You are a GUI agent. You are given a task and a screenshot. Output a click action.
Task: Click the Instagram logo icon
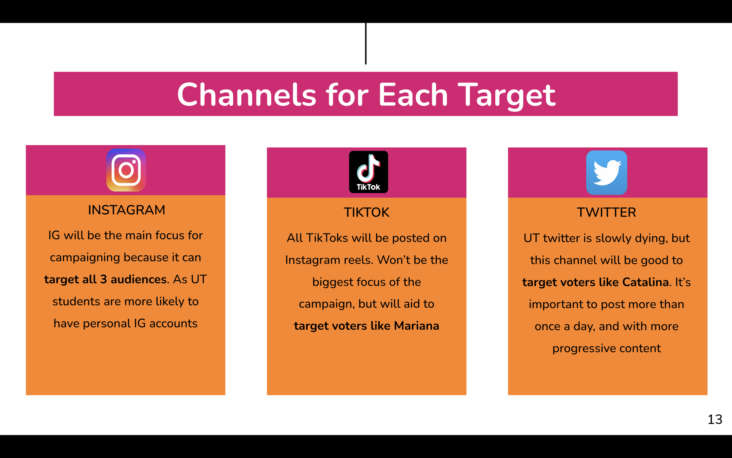126,170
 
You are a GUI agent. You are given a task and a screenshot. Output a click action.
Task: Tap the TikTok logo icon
368,172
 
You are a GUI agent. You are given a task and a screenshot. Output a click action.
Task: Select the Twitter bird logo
606,172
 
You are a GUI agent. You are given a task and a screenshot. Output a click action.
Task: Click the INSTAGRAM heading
126,210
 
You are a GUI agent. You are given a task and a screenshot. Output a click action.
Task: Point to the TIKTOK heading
367,212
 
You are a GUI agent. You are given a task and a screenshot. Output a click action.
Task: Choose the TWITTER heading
606,212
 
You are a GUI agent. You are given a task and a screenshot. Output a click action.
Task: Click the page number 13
715,419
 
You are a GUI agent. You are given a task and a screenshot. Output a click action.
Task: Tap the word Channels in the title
246,95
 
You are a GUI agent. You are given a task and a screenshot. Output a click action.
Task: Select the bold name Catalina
645,282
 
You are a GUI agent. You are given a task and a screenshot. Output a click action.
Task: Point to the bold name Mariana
416,326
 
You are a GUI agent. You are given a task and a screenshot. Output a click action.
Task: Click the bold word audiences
138,279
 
